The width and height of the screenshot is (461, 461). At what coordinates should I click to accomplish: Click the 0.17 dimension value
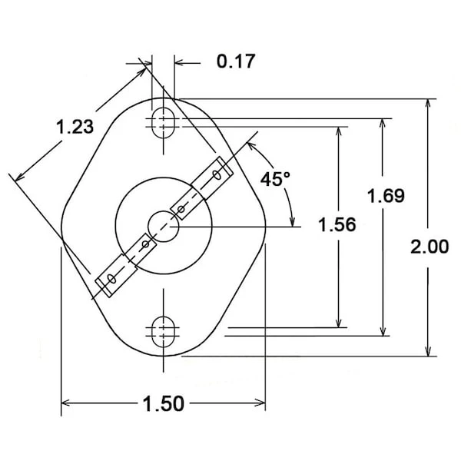236,61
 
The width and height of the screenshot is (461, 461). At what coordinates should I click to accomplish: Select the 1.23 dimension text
75,127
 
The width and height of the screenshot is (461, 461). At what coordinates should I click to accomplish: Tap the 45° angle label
275,179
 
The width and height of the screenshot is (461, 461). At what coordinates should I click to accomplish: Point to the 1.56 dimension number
337,224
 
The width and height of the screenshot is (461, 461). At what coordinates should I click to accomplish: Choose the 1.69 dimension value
386,196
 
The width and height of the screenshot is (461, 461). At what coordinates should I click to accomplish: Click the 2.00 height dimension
429,247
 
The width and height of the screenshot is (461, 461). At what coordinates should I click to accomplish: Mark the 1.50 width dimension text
164,403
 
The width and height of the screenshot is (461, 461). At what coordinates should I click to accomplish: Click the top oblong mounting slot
163,122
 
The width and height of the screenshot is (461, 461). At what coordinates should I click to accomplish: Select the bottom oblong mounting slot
163,332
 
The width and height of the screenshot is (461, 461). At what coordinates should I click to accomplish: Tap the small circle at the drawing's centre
163,227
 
